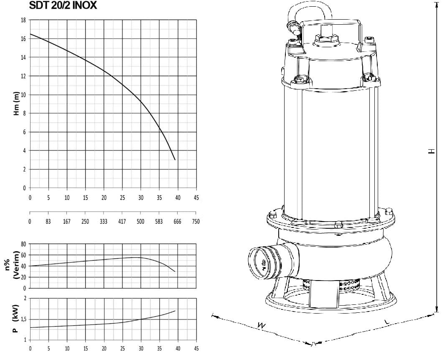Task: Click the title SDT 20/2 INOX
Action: tap(63, 5)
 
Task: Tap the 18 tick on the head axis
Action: tap(23, 20)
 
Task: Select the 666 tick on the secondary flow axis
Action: tap(177, 221)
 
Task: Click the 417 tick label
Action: tap(122, 221)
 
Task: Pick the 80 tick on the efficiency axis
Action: tap(23, 244)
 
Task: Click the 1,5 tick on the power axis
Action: tap(23, 319)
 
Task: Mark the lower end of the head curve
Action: tap(175, 160)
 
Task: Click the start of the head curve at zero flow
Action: tap(30, 34)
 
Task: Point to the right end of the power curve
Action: tap(175, 311)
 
